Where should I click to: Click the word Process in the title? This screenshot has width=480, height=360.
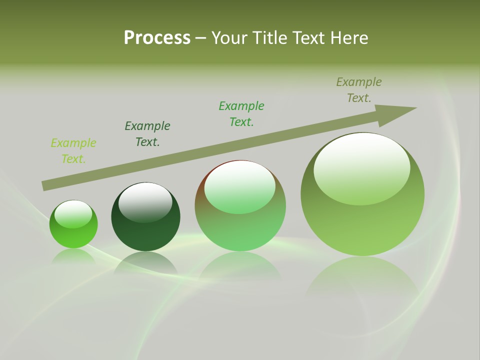coord(157,38)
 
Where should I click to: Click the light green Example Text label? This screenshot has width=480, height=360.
coord(73,151)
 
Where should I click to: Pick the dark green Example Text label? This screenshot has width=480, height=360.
coord(147,134)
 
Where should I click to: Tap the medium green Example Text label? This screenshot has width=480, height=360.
coord(241,114)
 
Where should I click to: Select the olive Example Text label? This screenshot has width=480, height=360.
coord(359,90)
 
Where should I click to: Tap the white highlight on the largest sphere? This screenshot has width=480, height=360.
coord(362,167)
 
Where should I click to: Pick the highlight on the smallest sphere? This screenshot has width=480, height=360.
coord(73,213)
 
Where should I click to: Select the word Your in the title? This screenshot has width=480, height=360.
coord(228,38)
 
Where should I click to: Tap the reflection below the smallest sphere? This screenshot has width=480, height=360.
coord(73,256)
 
